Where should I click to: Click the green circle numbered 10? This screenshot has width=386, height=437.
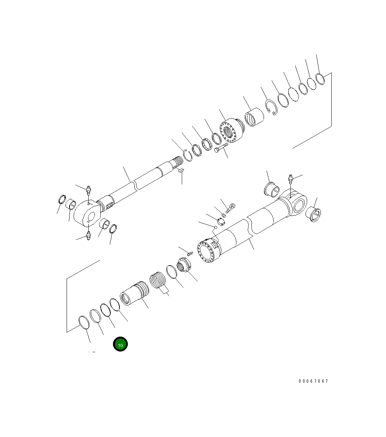click(120, 344)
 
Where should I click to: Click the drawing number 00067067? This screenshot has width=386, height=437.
click(313, 381)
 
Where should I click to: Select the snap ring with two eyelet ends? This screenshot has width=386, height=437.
click(270, 108)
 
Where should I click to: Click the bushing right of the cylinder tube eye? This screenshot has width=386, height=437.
click(315, 215)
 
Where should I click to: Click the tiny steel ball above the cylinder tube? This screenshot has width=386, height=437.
click(215, 227)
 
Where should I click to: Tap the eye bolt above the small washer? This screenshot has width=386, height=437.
click(231, 208)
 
